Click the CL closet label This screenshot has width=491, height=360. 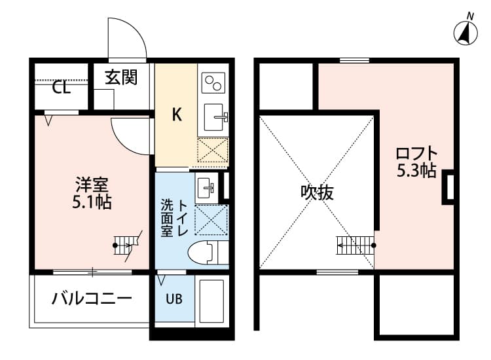point(62,88)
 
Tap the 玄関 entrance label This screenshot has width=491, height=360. point(121,77)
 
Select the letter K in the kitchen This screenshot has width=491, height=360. point(176,115)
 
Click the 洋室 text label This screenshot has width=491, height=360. point(91,185)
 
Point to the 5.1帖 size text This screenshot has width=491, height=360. point(91,202)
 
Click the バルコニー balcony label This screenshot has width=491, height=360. point(92,299)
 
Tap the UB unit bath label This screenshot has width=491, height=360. point(173,300)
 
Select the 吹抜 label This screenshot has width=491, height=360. point(317,192)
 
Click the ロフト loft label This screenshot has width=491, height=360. point(416,154)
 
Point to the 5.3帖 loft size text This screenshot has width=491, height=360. point(416,171)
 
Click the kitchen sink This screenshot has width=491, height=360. point(214,118)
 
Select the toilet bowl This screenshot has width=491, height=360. point(204,252)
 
